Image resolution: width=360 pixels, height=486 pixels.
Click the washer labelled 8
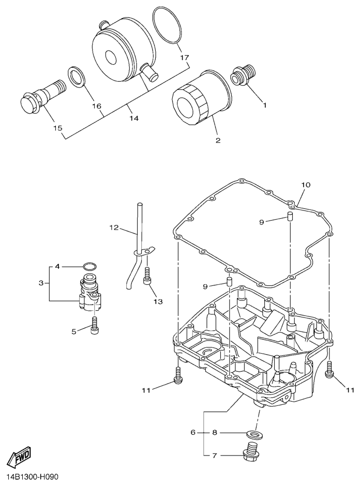(x=255, y=434)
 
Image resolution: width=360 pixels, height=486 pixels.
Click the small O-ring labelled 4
(x=89, y=266)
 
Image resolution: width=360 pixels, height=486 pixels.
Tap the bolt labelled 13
(x=147, y=276)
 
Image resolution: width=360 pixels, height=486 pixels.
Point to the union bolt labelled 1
(x=244, y=74)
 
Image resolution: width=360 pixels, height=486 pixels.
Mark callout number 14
(x=134, y=118)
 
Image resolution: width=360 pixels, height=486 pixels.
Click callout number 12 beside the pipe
(x=114, y=228)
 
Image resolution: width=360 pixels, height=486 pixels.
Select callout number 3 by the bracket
(x=41, y=283)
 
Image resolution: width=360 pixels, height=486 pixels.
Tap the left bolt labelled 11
(x=178, y=375)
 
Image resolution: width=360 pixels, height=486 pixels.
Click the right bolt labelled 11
(x=329, y=370)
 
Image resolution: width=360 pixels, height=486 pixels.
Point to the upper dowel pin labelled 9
(x=290, y=216)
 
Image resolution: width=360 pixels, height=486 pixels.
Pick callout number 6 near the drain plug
(x=193, y=432)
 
